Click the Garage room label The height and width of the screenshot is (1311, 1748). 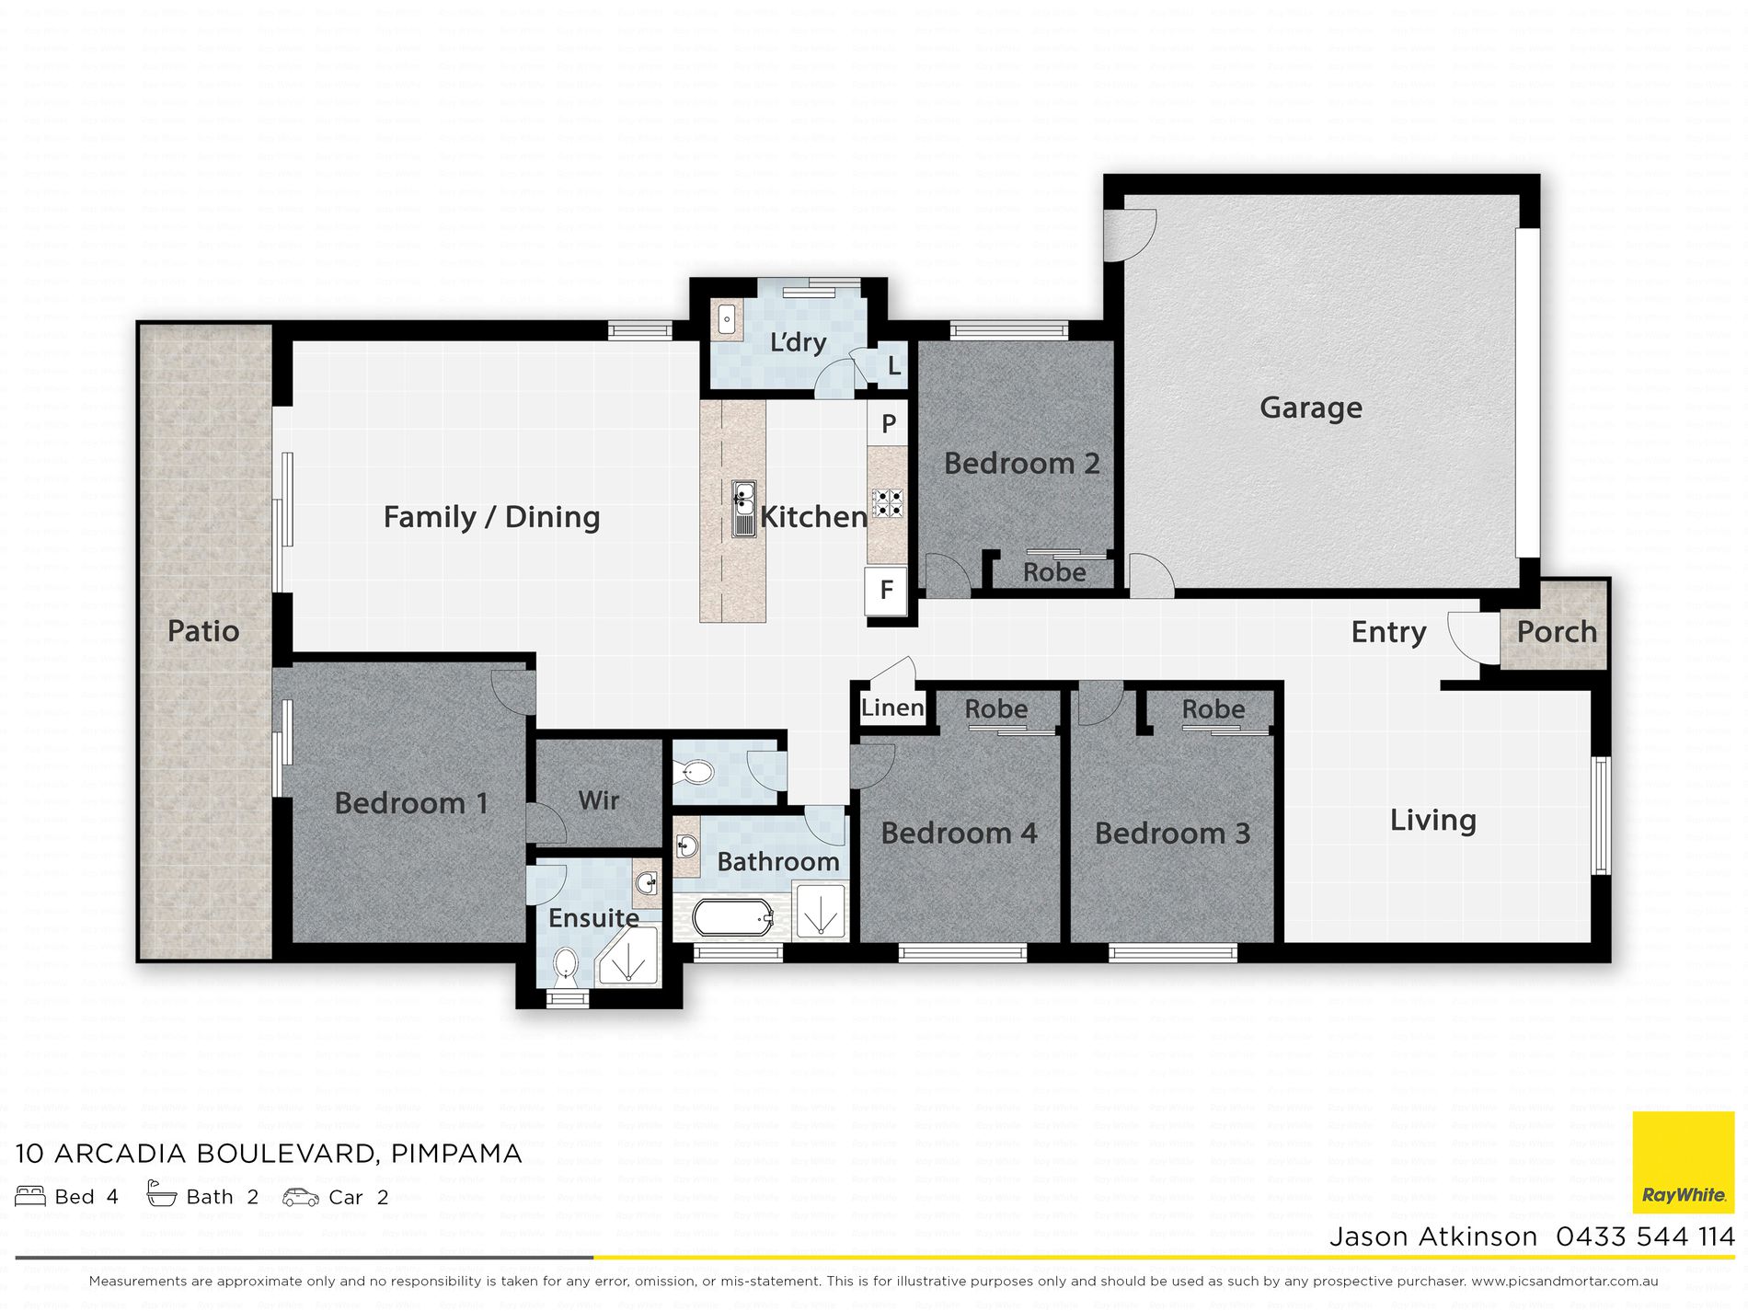[x=1310, y=408]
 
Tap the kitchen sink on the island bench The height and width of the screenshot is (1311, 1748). [x=743, y=509]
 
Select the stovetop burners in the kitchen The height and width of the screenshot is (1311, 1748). [x=887, y=502]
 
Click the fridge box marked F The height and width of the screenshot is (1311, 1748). [x=886, y=590]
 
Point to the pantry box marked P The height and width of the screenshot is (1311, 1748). [x=888, y=423]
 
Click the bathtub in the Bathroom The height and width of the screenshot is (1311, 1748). [x=732, y=917]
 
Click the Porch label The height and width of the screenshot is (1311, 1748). [x=1557, y=632]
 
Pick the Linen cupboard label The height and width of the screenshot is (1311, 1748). [x=892, y=707]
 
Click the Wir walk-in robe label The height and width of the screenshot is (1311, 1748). [x=598, y=800]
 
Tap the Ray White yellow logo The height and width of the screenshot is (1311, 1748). [x=1684, y=1163]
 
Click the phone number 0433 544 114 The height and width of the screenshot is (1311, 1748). [x=1645, y=1236]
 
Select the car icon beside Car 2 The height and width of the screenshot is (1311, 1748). [x=300, y=1197]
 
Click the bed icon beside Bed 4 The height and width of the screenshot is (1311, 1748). [x=30, y=1196]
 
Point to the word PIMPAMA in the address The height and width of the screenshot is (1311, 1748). [x=456, y=1154]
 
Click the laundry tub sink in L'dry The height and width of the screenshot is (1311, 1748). [x=727, y=320]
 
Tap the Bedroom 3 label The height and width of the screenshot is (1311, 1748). [x=1172, y=834]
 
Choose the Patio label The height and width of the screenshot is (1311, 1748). [x=203, y=631]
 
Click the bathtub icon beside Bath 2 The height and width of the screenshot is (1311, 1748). [x=162, y=1194]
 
